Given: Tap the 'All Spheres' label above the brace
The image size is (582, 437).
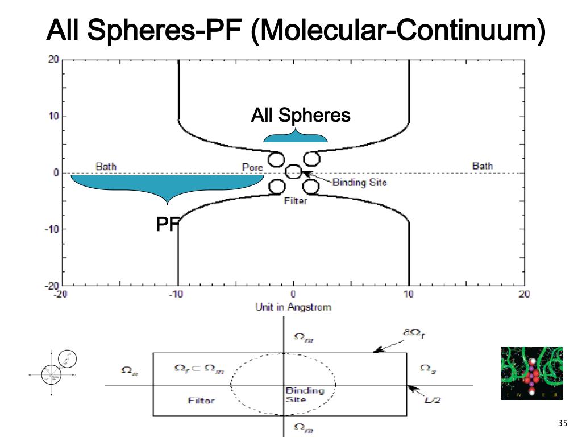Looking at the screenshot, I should (301, 116).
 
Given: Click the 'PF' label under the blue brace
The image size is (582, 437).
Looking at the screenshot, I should (167, 225).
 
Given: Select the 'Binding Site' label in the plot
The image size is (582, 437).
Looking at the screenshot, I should (359, 183).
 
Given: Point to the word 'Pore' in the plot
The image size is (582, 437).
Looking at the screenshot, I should (252, 168).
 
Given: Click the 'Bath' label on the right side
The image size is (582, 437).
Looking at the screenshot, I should (483, 166).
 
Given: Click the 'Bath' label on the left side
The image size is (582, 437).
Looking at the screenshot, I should (106, 167).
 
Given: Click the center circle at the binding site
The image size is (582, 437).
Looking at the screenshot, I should (293, 171).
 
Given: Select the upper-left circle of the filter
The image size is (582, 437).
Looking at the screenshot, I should (277, 159).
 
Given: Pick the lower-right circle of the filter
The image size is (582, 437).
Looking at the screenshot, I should (310, 186).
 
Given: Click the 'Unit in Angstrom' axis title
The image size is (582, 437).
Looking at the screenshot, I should (293, 307).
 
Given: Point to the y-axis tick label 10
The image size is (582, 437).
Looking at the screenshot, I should (52, 116).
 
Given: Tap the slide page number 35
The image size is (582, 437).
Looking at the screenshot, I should (563, 423).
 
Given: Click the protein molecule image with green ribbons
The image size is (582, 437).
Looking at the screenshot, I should (531, 373).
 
